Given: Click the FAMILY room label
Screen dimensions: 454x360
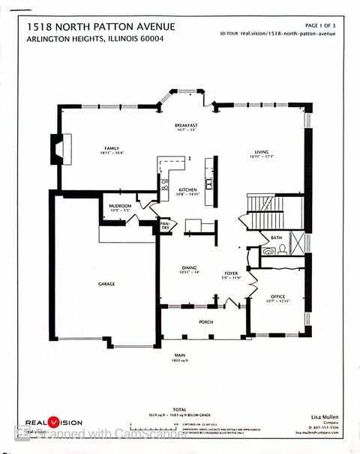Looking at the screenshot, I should [x=112, y=148].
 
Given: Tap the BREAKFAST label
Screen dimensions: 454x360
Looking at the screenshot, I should [x=186, y=125].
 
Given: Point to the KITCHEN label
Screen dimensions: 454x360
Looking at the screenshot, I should [x=187, y=190].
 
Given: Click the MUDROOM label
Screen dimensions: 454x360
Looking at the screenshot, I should [x=120, y=206].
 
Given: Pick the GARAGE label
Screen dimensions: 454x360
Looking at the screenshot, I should [x=106, y=284].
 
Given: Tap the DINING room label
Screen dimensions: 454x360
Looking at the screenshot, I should [x=188, y=267].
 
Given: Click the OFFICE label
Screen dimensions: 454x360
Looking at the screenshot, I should [x=277, y=297].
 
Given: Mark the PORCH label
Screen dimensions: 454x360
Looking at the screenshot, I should [x=205, y=322].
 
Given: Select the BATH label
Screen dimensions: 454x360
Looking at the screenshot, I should [x=276, y=237].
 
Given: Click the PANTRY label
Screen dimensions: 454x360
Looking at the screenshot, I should [x=165, y=225].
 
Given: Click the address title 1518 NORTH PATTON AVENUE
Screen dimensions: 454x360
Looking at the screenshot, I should [x=101, y=27].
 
